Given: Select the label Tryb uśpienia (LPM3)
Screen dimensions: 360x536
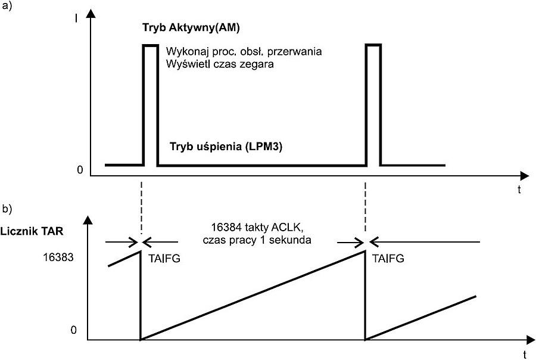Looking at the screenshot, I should [x=226, y=146].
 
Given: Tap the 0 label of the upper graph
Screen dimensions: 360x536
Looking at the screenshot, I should [x=79, y=171].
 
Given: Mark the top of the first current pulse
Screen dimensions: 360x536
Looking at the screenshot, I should [x=150, y=45].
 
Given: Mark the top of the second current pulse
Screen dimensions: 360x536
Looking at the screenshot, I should [x=373, y=45].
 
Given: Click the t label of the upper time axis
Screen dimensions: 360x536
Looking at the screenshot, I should [x=519, y=190].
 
